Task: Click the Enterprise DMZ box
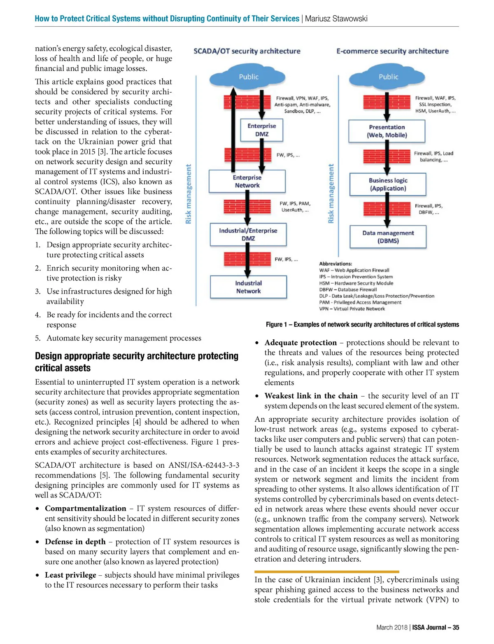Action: click(x=262, y=130)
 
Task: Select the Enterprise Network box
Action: click(x=247, y=182)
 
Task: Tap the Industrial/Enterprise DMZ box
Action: click(x=248, y=234)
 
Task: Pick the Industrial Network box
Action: click(x=248, y=287)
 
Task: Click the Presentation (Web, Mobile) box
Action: click(x=387, y=131)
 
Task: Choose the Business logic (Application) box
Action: click(x=388, y=184)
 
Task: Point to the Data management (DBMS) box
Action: click(x=388, y=237)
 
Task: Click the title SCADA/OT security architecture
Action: click(x=247, y=51)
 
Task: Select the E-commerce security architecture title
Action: click(x=392, y=51)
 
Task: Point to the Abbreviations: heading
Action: click(x=336, y=264)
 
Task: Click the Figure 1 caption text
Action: click(x=362, y=324)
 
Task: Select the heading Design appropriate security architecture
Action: click(x=136, y=362)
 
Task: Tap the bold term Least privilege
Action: click(x=70, y=575)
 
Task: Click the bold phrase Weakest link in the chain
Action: click(x=311, y=396)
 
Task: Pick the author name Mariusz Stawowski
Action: click(x=336, y=19)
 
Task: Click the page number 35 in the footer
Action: click(x=456, y=628)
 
